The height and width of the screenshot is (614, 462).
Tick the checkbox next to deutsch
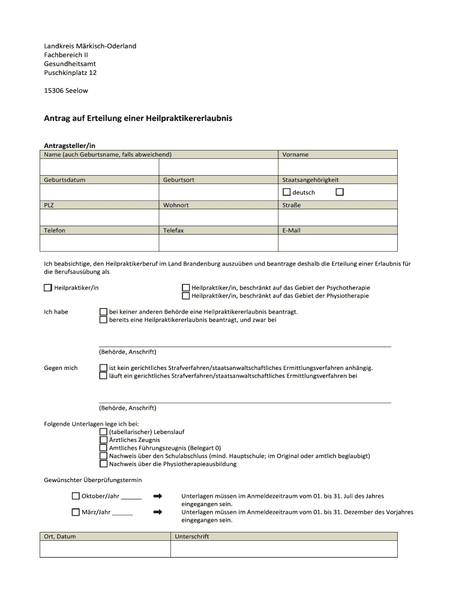[x=286, y=192]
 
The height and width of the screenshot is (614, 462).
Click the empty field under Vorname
[x=337, y=167]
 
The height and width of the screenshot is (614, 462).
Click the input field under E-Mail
[x=337, y=243]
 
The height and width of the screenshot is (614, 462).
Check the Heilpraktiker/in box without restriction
[x=48, y=288]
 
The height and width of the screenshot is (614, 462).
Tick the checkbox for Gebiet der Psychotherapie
[x=186, y=288]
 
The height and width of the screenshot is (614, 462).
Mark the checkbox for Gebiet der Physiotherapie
[x=186, y=296]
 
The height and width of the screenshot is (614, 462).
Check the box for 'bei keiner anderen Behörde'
[x=103, y=312]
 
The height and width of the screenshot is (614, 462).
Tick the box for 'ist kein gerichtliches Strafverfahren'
[x=103, y=368]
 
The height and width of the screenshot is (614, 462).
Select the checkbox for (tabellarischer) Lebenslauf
[x=103, y=432]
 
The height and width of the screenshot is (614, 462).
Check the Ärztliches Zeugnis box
[x=103, y=440]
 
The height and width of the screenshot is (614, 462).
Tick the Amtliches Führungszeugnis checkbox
[x=103, y=447]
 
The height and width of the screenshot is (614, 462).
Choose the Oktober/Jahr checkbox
[x=76, y=496]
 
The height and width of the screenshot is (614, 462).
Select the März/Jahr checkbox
[x=76, y=512]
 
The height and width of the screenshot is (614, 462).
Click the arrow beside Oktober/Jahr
[x=158, y=496]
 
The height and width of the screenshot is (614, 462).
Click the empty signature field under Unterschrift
[x=284, y=549]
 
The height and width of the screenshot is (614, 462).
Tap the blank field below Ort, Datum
[x=105, y=549]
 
